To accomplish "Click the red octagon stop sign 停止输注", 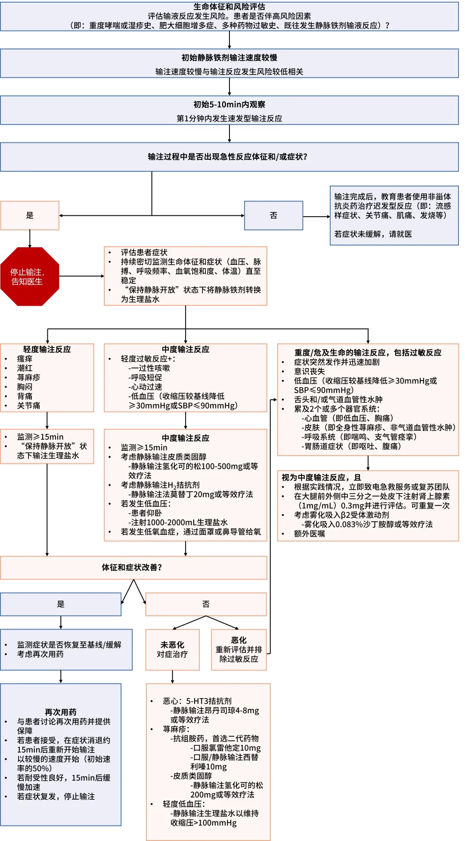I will (x=29, y=276).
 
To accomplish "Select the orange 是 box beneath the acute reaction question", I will (x=30, y=215).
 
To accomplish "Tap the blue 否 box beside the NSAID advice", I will (x=273, y=215).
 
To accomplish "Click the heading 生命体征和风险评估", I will (x=229, y=7).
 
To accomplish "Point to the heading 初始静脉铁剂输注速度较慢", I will (x=229, y=58).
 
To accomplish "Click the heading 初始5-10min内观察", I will (x=229, y=105).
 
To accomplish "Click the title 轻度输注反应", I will (x=47, y=349).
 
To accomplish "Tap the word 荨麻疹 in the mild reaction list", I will (x=28, y=377).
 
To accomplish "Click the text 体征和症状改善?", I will (x=132, y=568).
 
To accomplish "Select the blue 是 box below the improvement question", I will (x=61, y=604).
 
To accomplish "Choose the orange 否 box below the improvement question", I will (x=206, y=604).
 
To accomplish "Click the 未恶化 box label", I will (x=172, y=645).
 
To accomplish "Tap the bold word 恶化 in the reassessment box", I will (x=239, y=640).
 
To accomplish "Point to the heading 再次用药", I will (x=61, y=712).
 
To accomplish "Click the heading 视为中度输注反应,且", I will (x=321, y=478).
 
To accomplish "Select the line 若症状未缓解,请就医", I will (x=373, y=234).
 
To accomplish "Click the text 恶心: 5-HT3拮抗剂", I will (x=197, y=701).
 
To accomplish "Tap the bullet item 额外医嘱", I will (x=309, y=534).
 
